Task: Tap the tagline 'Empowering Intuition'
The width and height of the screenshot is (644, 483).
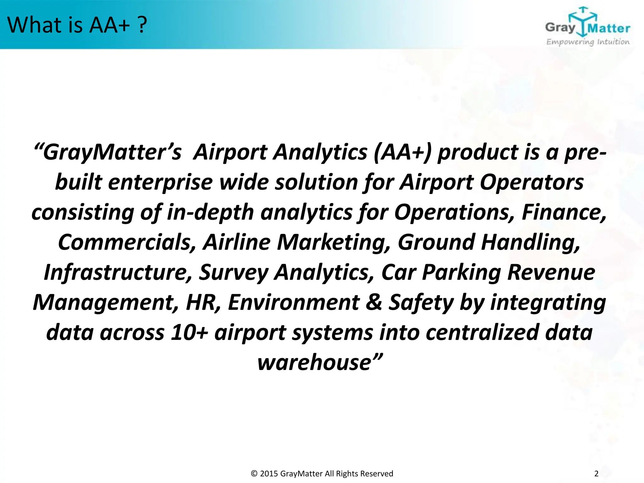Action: pos(588,42)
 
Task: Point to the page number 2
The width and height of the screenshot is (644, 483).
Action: pos(596,474)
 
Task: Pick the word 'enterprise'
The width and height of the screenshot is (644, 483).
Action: pos(160,183)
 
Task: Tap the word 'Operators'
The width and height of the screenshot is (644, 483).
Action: pos(531,183)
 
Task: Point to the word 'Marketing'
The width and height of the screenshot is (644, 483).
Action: pos(334,242)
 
